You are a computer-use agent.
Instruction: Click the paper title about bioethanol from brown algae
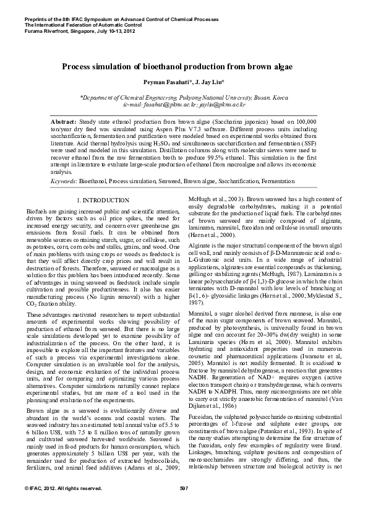[184, 66]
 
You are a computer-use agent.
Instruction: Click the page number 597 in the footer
[184, 506]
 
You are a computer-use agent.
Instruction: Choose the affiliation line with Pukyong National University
[184, 98]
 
